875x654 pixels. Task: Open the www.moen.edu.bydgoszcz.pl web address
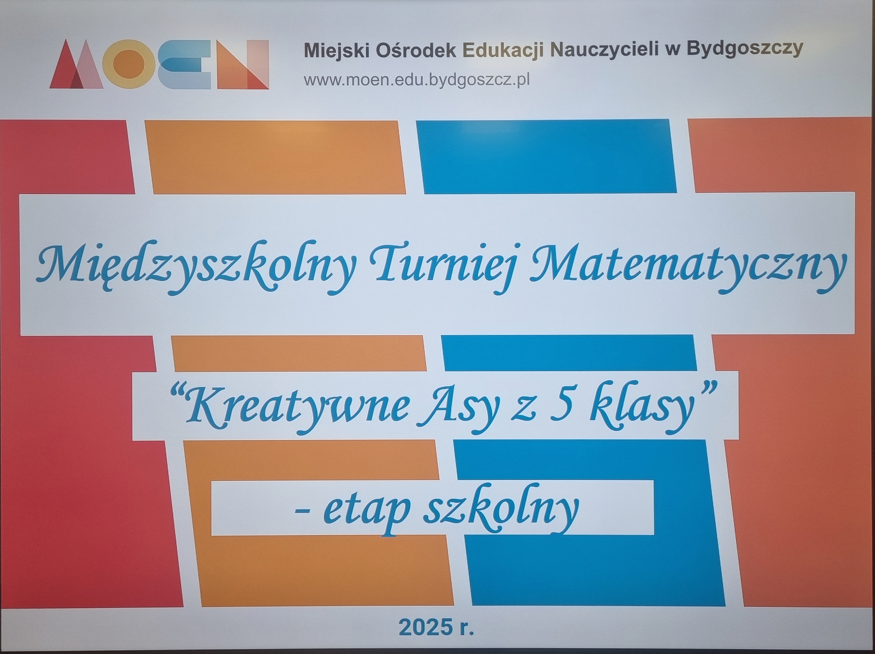click(416, 80)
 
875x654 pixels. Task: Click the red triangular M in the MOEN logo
click(76, 64)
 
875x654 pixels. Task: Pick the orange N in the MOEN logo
click(243, 64)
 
